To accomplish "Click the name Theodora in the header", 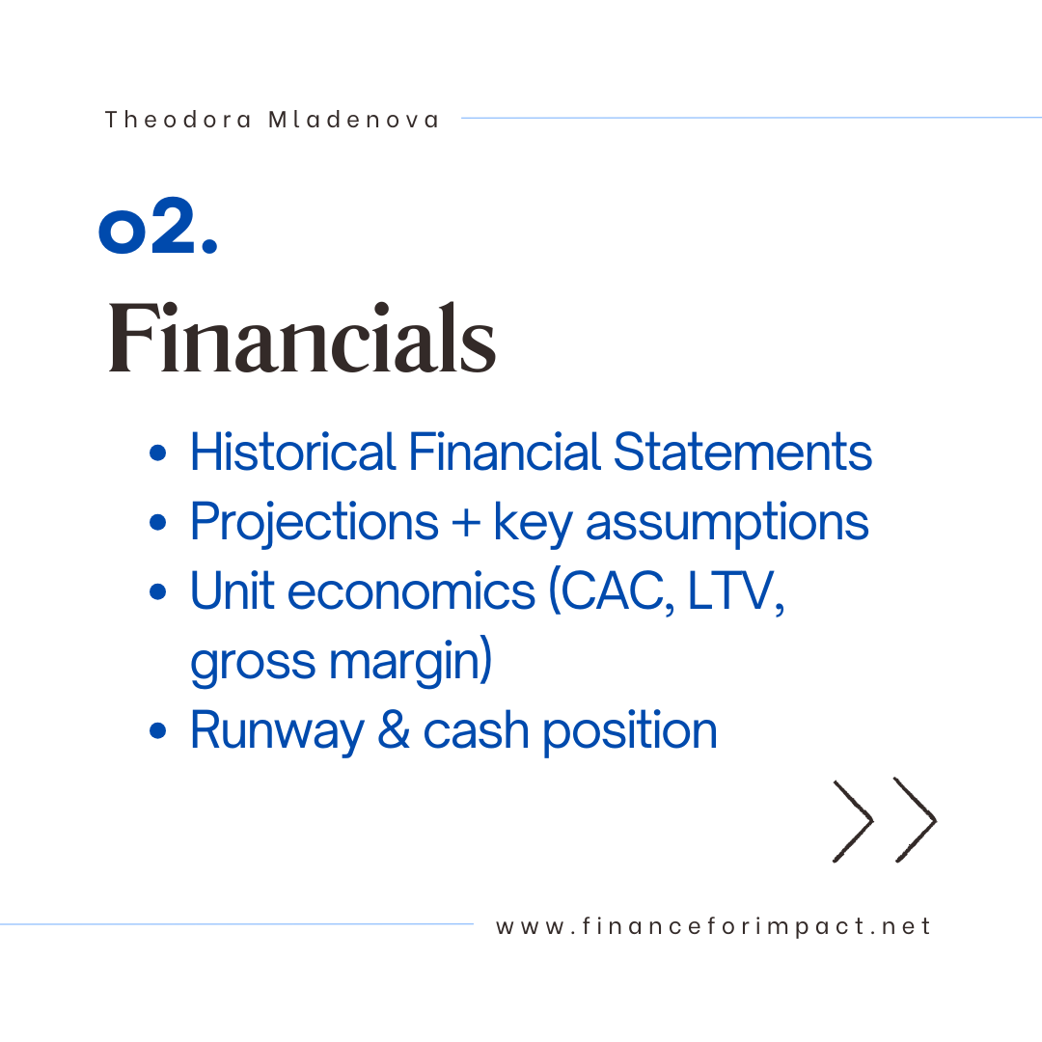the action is [178, 120].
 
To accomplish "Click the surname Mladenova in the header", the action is [353, 120].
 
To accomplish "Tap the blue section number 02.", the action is [158, 225].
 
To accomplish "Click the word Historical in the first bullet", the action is [293, 452].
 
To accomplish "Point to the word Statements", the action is [742, 452].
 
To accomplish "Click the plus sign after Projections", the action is [466, 522].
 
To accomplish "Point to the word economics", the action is [411, 590].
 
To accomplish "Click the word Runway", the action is [277, 731].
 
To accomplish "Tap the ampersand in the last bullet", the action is [394, 729].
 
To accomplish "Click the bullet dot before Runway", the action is [158, 731].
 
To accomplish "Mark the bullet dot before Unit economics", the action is [158, 591].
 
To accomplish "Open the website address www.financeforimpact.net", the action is [713, 926].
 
